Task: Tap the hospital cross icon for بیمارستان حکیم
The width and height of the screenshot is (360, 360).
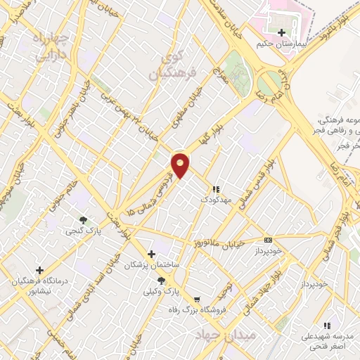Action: (x=281, y=32)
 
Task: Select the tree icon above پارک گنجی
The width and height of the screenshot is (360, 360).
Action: (x=84, y=220)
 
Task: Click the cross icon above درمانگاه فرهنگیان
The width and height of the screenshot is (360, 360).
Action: (x=39, y=270)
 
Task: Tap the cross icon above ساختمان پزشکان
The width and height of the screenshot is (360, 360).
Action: (x=151, y=254)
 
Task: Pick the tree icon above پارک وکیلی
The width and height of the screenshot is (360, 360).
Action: (x=162, y=281)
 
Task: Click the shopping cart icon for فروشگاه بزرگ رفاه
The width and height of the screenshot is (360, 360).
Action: (x=196, y=299)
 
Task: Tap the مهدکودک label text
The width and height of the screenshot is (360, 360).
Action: (x=216, y=200)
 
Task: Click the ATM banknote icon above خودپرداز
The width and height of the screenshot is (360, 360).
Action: (x=267, y=240)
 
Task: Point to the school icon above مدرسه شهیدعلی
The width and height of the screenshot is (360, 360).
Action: (x=326, y=326)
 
